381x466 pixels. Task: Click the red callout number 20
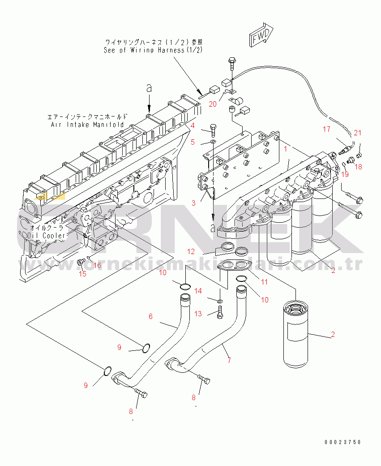pyautogui.click(x=213, y=104)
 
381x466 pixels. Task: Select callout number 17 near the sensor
pyautogui.click(x=327, y=129)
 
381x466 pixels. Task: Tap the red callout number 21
pyautogui.click(x=357, y=133)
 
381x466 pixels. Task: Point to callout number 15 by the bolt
pyautogui.click(x=82, y=274)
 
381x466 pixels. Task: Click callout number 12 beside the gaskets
pyautogui.click(x=191, y=251)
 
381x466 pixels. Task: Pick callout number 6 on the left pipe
pyautogui.click(x=150, y=316)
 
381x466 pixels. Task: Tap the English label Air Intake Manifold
pyautogui.click(x=87, y=124)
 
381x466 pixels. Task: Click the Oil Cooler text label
pyautogui.click(x=47, y=235)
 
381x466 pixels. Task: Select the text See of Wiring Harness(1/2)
pyautogui.click(x=153, y=50)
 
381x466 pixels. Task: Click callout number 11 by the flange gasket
pyautogui.click(x=264, y=282)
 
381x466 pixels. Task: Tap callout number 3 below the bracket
pyautogui.click(x=193, y=203)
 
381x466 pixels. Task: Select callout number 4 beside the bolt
pyautogui.click(x=193, y=125)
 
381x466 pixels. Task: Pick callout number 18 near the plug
pyautogui.click(x=358, y=167)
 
